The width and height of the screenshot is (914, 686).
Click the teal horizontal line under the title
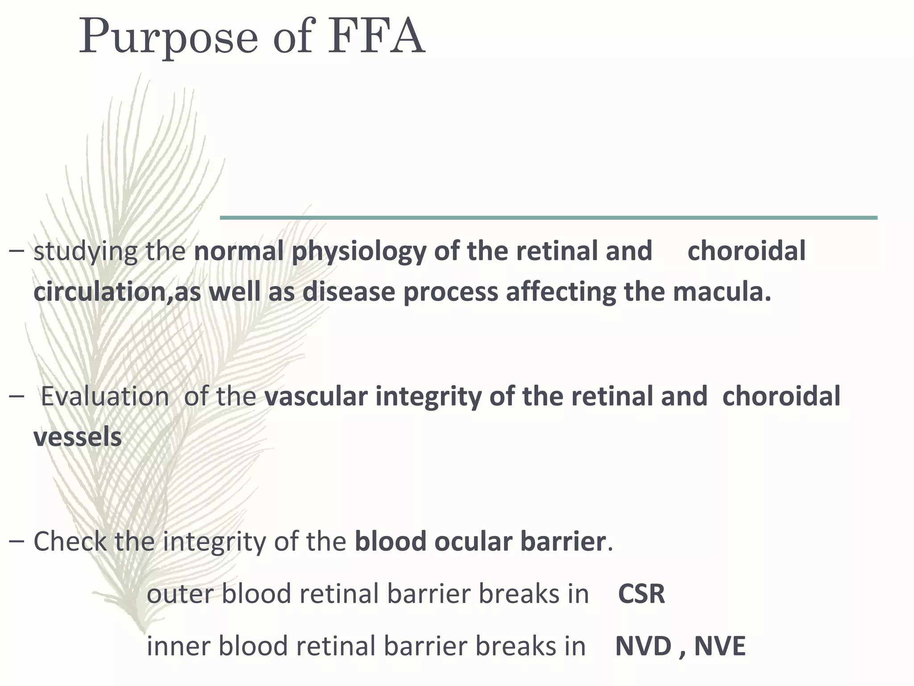pos(548,218)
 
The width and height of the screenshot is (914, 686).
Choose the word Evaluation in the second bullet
pos(105,397)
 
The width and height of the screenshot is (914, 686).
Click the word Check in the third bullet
pos(70,542)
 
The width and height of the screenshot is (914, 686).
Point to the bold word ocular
pos(474,542)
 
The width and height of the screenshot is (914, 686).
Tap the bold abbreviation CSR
pos(641,594)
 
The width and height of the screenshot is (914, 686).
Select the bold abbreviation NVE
pos(720,646)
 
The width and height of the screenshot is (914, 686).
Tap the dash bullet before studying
pos(16,252)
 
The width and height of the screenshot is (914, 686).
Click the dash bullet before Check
pos(16,542)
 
